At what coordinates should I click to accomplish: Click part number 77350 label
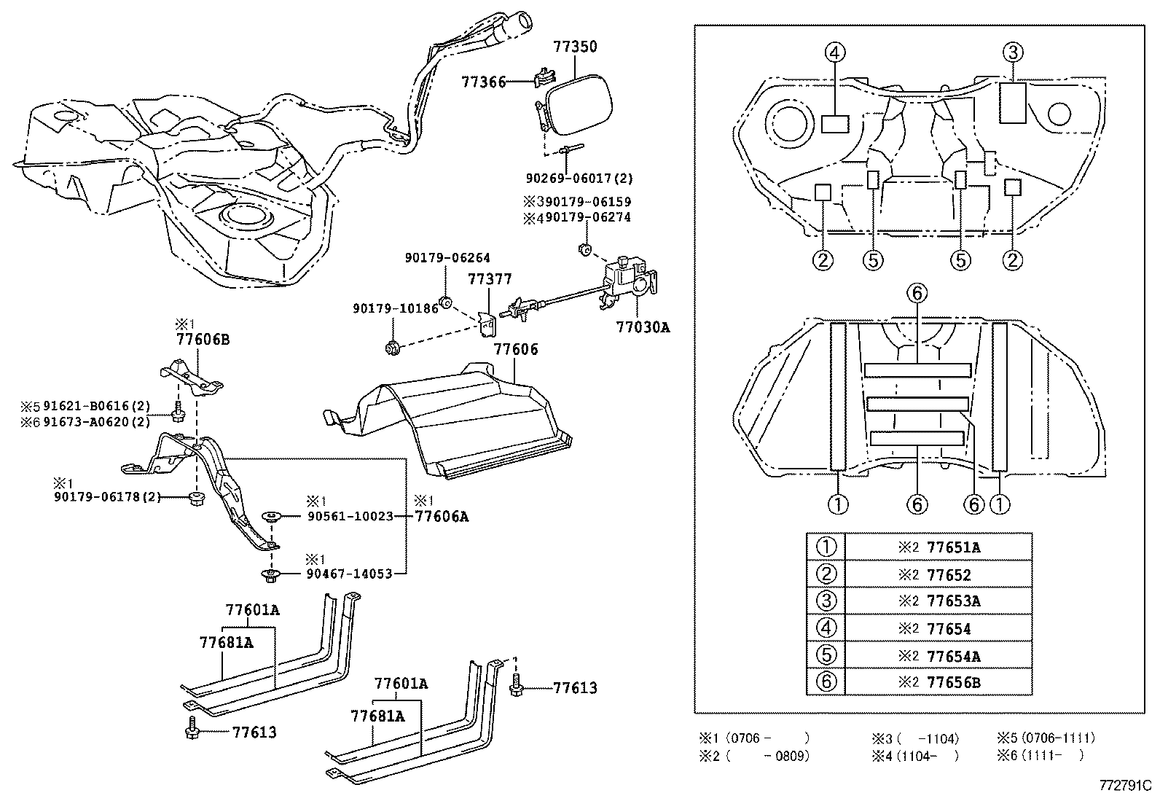575,47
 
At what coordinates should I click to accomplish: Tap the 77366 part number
483,82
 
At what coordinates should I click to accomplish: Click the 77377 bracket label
490,279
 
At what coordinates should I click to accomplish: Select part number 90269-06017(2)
579,178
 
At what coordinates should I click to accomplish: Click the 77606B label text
202,339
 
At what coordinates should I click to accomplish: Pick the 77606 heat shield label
516,349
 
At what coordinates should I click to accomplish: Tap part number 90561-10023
346,516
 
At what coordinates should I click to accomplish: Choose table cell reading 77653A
953,601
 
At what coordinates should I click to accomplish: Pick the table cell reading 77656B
953,683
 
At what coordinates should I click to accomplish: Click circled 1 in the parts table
826,547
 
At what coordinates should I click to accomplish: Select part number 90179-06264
447,258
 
